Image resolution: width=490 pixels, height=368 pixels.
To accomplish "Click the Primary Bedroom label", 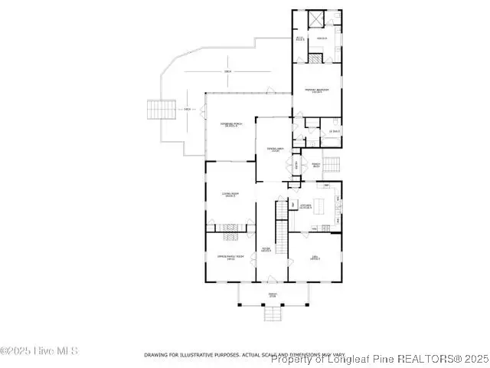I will point(316,90).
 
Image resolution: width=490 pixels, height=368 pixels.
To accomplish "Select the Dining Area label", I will point(273,149).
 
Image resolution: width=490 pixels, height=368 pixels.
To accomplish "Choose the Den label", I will point(315,258).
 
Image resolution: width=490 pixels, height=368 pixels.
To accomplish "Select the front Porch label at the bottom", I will point(272,295).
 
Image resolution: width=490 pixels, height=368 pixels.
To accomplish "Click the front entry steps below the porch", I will point(273,314).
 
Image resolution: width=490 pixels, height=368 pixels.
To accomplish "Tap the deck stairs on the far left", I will point(162,110).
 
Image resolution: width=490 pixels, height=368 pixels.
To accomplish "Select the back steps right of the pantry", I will point(330,164).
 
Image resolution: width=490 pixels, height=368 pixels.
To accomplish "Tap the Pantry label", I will point(315,163).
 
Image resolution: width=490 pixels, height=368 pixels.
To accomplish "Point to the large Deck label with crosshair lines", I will point(227,72).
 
